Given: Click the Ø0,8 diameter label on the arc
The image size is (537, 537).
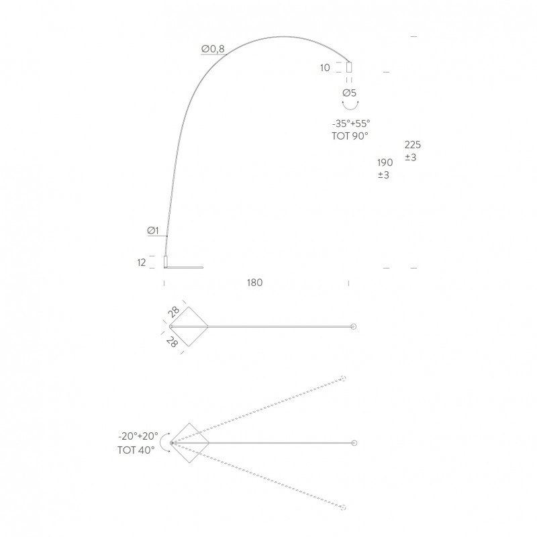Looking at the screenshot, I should (x=212, y=48).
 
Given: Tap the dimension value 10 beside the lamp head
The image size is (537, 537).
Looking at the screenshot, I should (x=326, y=67).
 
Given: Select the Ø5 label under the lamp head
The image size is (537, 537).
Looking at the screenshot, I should (x=349, y=93).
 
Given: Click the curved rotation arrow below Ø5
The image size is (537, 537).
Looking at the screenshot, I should (x=349, y=106).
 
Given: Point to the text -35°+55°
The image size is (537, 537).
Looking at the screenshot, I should (x=350, y=124).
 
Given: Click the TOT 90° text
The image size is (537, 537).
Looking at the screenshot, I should (x=350, y=135).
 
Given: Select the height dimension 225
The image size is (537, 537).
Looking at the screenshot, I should (x=413, y=145).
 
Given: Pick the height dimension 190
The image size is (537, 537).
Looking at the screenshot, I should (x=385, y=162).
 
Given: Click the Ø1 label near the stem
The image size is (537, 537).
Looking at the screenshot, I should (x=152, y=232).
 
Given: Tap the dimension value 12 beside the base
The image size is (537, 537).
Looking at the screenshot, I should (x=142, y=262).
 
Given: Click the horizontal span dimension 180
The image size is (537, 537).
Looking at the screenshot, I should (x=254, y=283).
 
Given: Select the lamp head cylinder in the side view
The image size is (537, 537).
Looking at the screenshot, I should (x=349, y=67).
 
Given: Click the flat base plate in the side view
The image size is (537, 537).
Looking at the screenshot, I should (x=185, y=266).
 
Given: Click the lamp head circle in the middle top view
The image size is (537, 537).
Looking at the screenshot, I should (x=354, y=327).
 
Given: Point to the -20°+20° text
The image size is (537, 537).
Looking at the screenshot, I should (x=138, y=437).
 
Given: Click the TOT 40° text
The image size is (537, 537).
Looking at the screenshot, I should (x=136, y=449).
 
